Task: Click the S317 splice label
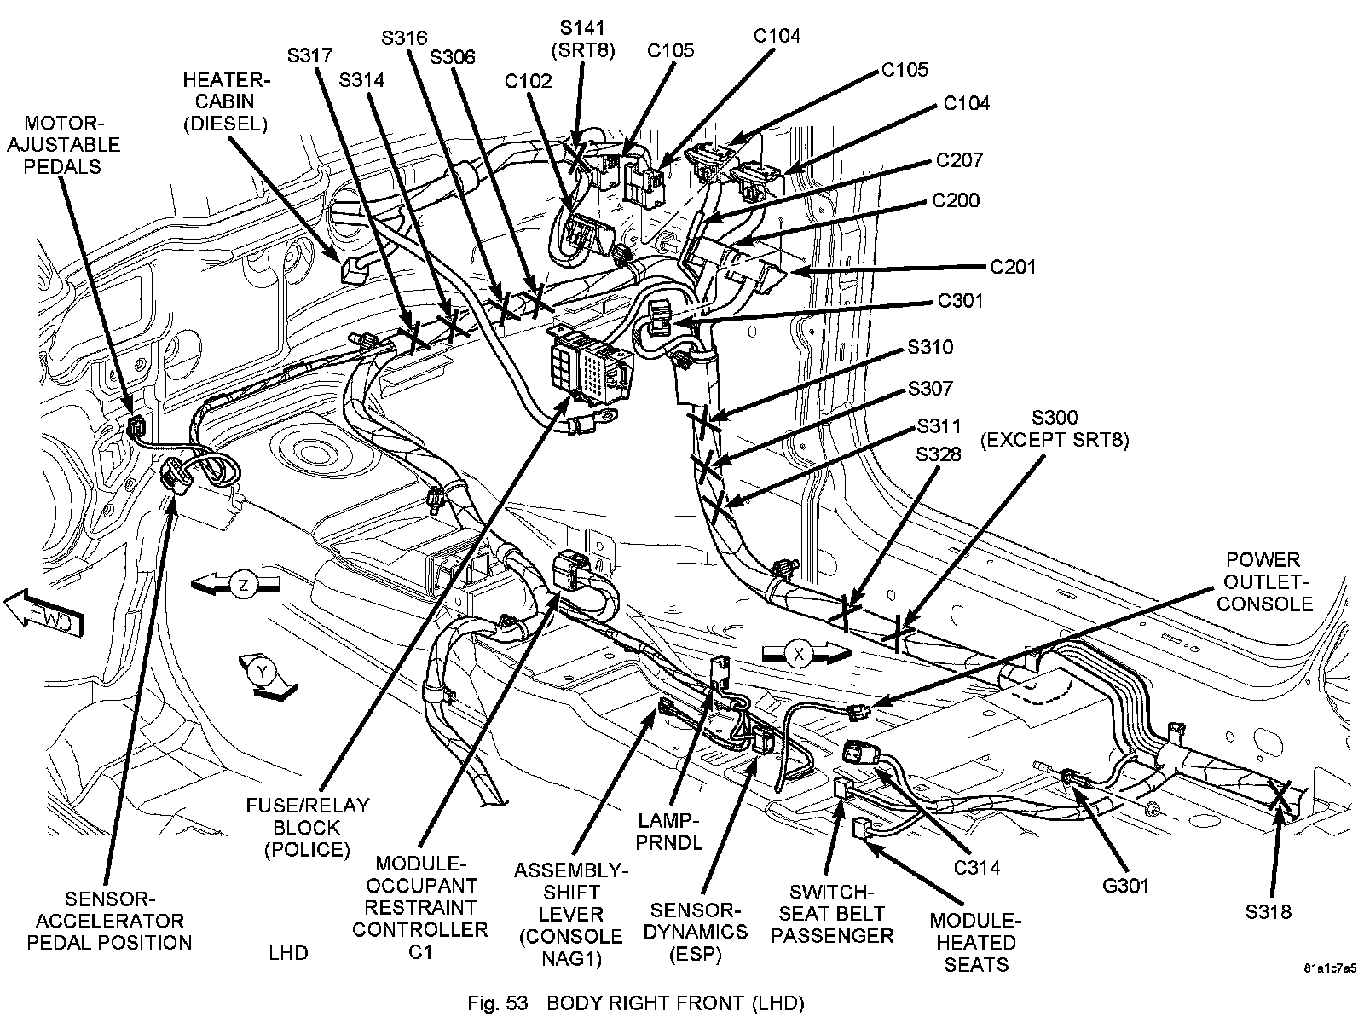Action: (309, 55)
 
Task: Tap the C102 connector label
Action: (529, 81)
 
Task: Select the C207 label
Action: (959, 160)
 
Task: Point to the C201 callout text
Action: (1013, 267)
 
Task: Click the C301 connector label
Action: (960, 301)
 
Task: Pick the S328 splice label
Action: (939, 454)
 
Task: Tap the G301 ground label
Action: (1124, 887)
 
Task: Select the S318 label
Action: (1268, 912)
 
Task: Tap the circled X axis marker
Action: (799, 654)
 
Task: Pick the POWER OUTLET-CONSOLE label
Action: (1263, 581)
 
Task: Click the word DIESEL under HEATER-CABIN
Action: (226, 123)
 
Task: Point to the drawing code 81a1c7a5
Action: (1329, 969)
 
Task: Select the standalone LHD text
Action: (288, 952)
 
